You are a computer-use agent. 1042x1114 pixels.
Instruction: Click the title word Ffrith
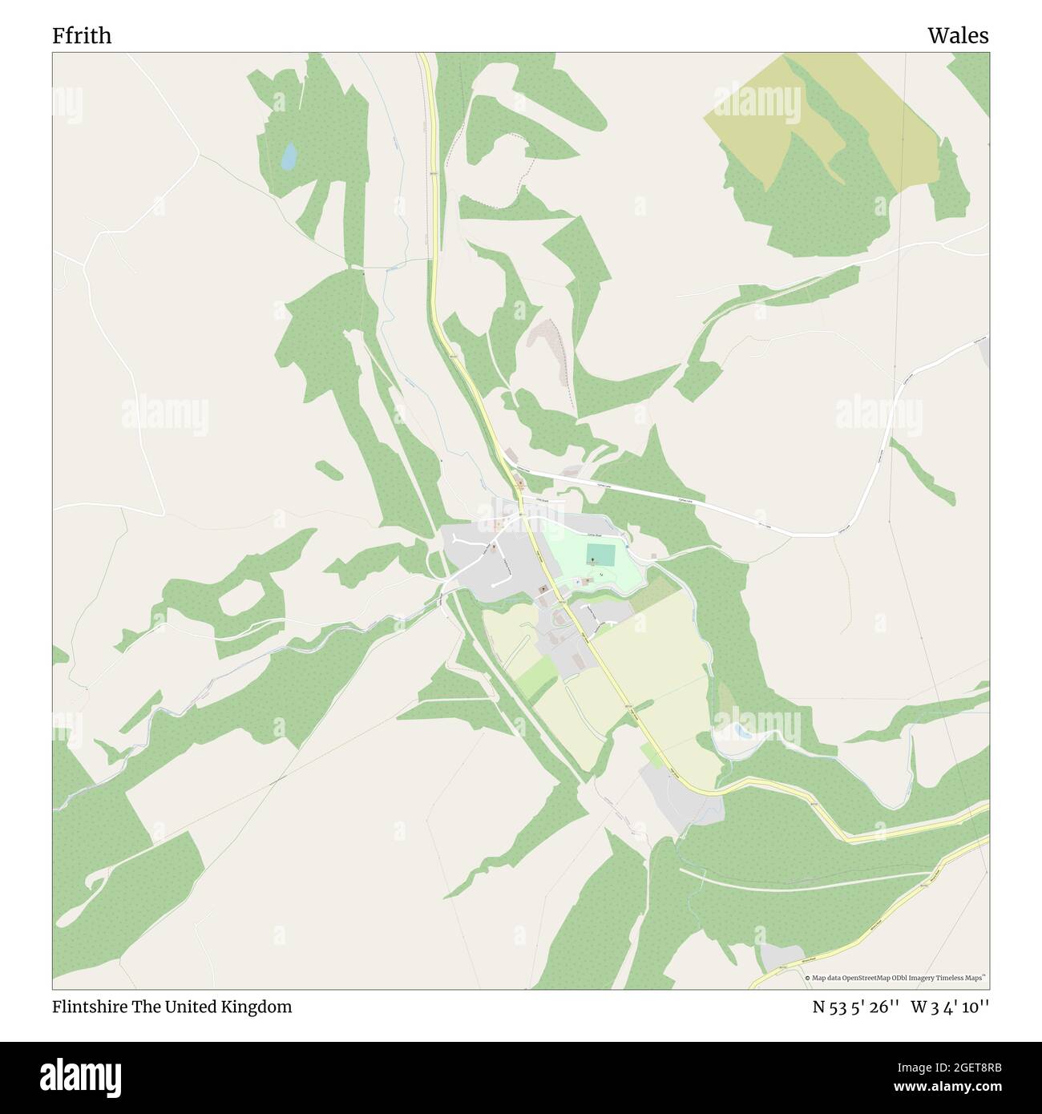(x=82, y=36)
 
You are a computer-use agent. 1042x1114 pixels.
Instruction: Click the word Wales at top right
(x=958, y=36)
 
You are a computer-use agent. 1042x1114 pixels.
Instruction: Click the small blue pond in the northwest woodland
(x=288, y=155)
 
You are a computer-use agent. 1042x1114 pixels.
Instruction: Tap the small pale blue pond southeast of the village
(x=741, y=731)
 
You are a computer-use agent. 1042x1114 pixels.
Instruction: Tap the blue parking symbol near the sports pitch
(x=577, y=582)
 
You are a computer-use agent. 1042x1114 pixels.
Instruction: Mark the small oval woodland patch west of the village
(x=329, y=470)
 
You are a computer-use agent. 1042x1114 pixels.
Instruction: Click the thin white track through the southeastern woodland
(x=802, y=878)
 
